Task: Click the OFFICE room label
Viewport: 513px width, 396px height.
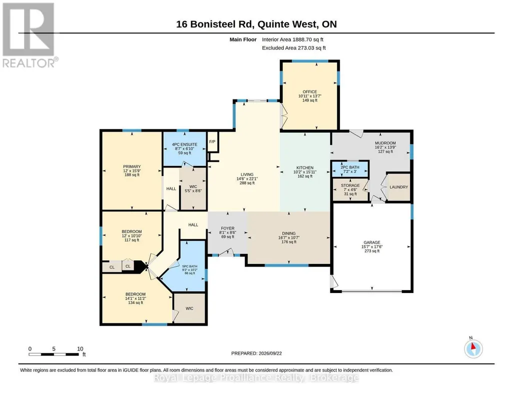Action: click(x=309, y=92)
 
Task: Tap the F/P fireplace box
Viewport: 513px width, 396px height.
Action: click(x=213, y=142)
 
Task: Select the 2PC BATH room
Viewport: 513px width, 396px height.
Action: click(x=350, y=169)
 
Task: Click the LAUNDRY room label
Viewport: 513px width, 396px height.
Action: click(x=398, y=187)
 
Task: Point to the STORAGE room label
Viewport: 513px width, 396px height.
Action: click(x=350, y=185)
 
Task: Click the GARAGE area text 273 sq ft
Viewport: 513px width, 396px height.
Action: click(x=372, y=251)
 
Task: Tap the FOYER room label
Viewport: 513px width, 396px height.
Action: click(x=227, y=228)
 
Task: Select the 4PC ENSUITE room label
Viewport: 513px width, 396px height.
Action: click(x=185, y=144)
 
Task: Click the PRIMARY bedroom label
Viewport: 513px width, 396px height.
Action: click(x=132, y=166)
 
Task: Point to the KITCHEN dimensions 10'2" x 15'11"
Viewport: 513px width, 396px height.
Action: click(x=305, y=172)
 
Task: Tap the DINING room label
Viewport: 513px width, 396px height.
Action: click(x=289, y=233)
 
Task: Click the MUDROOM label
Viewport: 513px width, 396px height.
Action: click(x=385, y=143)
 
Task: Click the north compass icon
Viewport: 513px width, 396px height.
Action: click(x=473, y=348)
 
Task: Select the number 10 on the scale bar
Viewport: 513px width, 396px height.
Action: click(x=80, y=349)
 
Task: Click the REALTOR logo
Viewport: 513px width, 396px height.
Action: click(x=30, y=35)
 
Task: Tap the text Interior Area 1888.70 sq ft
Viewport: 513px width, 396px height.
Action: click(x=292, y=39)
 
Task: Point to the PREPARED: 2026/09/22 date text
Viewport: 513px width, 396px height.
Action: click(x=256, y=353)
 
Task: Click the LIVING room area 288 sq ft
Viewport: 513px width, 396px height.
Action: click(x=247, y=183)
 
